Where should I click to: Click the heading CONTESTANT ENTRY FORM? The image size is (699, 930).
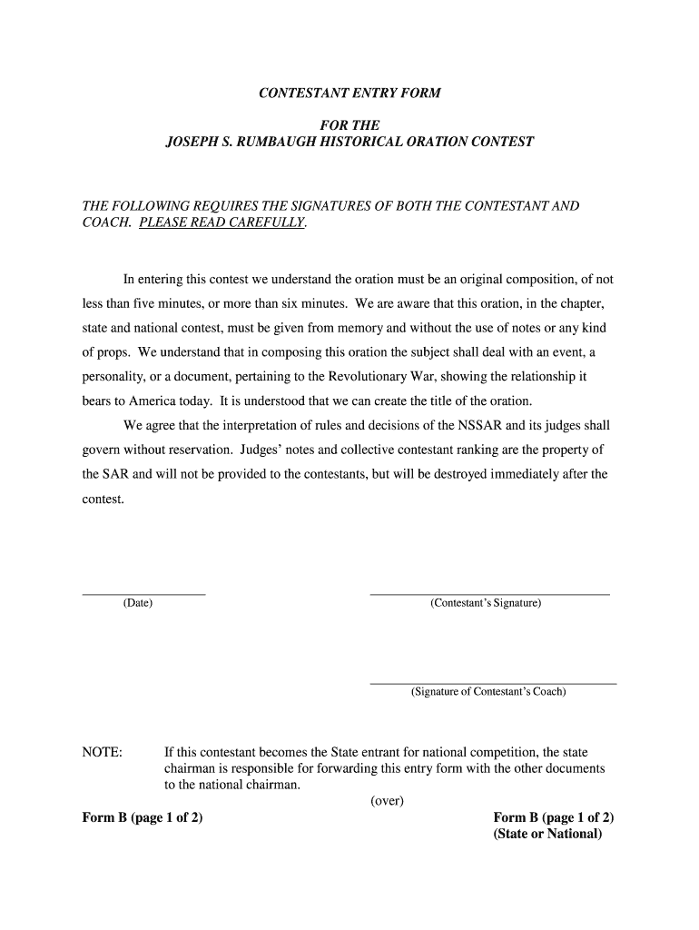pyautogui.click(x=349, y=94)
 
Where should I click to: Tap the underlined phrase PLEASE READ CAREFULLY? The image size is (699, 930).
pyautogui.click(x=222, y=223)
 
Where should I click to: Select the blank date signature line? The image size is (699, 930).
pyautogui.click(x=143, y=594)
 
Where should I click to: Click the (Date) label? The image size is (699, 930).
pyautogui.click(x=138, y=603)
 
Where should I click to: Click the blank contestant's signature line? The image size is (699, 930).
pyautogui.click(x=489, y=594)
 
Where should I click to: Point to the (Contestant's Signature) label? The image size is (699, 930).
pyautogui.click(x=486, y=603)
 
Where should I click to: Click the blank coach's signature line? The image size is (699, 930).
pyautogui.click(x=493, y=683)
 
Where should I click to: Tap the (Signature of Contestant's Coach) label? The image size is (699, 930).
pyautogui.click(x=487, y=692)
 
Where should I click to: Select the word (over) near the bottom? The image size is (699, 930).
pyautogui.click(x=387, y=800)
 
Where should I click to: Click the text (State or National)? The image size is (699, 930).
pyautogui.click(x=547, y=834)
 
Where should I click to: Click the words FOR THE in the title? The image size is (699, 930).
pyautogui.click(x=349, y=124)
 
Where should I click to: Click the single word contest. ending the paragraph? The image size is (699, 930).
pyautogui.click(x=103, y=499)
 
